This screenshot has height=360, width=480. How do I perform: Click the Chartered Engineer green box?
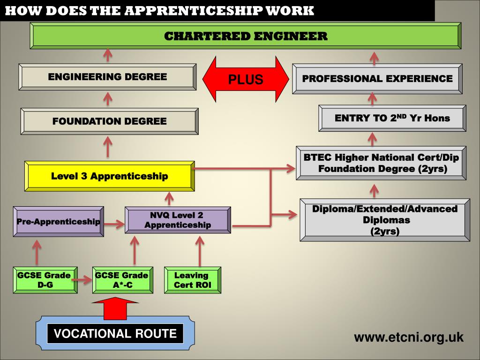pyautogui.click(x=246, y=36)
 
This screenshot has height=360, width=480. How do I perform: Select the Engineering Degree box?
pyautogui.click(x=107, y=77)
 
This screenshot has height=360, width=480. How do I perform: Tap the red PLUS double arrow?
pyautogui.click(x=246, y=79)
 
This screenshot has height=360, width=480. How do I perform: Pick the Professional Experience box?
pyautogui.click(x=377, y=79)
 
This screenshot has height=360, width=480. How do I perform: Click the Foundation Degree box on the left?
pyautogui.click(x=109, y=121)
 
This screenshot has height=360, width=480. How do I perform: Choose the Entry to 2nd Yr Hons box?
pyautogui.click(x=392, y=118)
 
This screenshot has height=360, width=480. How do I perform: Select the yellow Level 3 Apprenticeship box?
pyautogui.click(x=109, y=176)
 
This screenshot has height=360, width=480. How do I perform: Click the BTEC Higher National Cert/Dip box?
pyautogui.click(x=381, y=163)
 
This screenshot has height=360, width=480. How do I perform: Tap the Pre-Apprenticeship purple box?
pyautogui.click(x=59, y=222)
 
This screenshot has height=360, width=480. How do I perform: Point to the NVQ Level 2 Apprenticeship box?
pyautogui.click(x=178, y=220)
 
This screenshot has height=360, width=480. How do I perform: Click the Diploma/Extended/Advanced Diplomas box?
pyautogui.click(x=384, y=220)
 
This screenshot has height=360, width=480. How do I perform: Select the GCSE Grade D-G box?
pyautogui.click(x=45, y=280)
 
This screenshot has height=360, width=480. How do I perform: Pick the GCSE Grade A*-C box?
pyautogui.click(x=121, y=280)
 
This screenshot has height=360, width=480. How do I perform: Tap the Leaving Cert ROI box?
pyautogui.click(x=192, y=280)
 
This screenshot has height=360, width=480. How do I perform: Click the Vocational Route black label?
pyautogui.click(x=115, y=334)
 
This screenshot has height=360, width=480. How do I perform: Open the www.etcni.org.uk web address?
pyautogui.click(x=408, y=337)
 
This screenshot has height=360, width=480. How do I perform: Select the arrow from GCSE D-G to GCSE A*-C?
pyautogui.click(x=85, y=281)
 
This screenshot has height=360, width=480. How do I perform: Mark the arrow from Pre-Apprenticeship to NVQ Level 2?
pyautogui.click(x=114, y=225)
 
